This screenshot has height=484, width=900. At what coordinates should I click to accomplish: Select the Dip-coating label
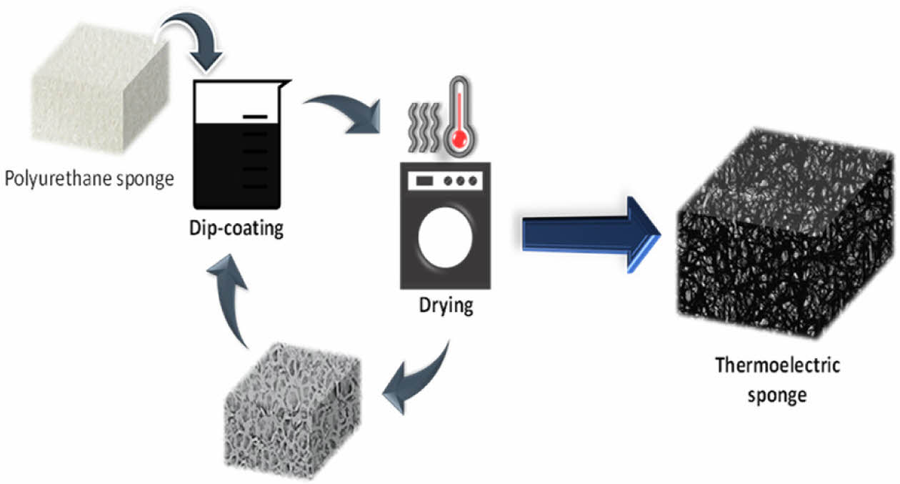click(x=236, y=229)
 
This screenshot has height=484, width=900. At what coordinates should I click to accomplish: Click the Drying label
click(x=446, y=306)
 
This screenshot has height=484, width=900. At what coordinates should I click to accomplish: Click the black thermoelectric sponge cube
click(x=782, y=229)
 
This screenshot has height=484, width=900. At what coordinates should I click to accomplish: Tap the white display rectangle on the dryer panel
click(x=421, y=180)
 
